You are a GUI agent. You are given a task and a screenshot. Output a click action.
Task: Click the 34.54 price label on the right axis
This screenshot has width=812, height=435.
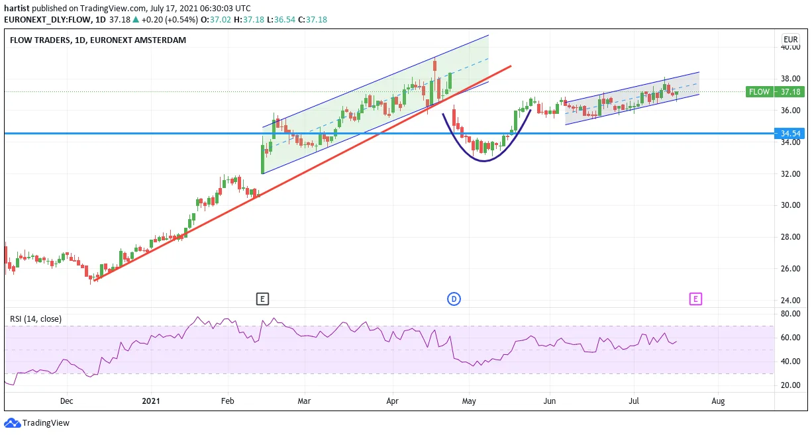[x=789, y=133]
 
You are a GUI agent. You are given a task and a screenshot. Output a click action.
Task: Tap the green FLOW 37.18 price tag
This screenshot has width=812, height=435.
[x=775, y=92]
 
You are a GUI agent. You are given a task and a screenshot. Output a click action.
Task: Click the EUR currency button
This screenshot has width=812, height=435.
[x=791, y=40]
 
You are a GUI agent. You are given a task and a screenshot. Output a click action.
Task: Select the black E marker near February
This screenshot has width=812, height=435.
[x=262, y=299]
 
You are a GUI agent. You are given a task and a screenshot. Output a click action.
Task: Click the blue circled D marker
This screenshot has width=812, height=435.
[x=454, y=299]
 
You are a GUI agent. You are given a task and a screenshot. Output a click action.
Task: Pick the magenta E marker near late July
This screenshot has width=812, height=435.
[x=695, y=299]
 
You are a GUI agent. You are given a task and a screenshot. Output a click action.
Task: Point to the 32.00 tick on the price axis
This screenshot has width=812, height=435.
[x=790, y=173]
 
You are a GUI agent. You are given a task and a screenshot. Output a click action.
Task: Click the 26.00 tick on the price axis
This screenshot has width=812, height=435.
[x=790, y=269]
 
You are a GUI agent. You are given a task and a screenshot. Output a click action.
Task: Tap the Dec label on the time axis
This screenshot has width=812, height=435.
[x=67, y=401]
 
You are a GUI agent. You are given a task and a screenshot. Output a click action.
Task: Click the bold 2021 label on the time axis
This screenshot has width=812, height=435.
[x=151, y=401]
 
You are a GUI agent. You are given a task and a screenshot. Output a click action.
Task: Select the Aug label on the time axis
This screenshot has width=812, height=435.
[x=718, y=401]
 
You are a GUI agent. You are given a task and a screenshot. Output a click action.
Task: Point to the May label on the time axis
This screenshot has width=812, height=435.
[x=469, y=401]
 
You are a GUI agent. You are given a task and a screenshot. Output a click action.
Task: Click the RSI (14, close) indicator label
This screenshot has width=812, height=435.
[x=36, y=319]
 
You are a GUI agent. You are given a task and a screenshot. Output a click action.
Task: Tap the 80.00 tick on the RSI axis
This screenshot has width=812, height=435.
[x=790, y=314]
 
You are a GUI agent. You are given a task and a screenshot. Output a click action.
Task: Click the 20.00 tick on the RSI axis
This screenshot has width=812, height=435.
[x=790, y=385]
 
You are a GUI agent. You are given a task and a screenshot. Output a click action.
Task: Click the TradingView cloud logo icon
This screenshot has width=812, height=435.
[x=13, y=422]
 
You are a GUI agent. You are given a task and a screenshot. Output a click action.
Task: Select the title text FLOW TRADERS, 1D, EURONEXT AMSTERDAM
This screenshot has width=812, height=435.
[x=98, y=40]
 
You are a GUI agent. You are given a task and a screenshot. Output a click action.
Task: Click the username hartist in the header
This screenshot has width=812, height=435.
[x=17, y=8]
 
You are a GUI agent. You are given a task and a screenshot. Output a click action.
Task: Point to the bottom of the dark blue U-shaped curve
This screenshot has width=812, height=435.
[x=484, y=161]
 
